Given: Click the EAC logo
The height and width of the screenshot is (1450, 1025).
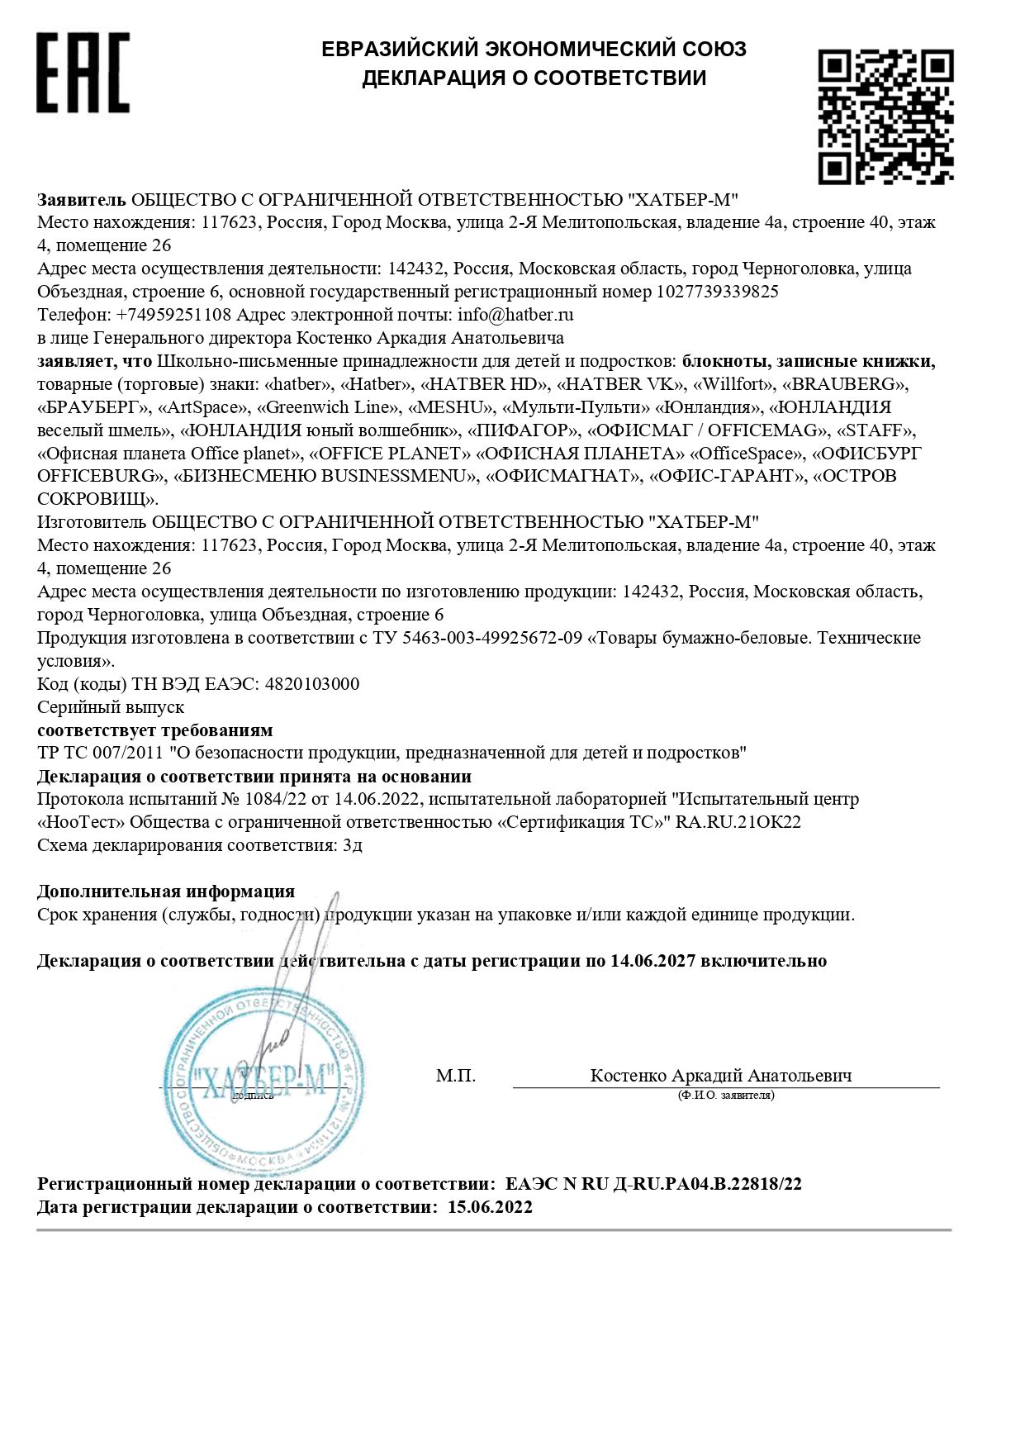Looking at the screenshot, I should [83, 73].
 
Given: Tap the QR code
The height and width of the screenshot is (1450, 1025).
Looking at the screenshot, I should [885, 116].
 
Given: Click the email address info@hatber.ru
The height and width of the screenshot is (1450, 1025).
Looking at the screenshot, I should [515, 315].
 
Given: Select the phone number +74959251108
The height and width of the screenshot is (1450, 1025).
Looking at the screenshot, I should [173, 315].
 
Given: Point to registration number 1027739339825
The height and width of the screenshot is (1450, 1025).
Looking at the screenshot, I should [717, 292].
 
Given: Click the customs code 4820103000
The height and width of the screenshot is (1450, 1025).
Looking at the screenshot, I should [311, 684].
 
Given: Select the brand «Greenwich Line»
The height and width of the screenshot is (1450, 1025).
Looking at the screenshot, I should [328, 407].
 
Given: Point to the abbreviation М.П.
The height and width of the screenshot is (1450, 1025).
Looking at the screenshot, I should [456, 1076].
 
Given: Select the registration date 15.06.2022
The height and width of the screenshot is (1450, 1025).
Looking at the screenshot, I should [490, 1207].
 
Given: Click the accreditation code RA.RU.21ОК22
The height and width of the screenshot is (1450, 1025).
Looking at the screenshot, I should [738, 822].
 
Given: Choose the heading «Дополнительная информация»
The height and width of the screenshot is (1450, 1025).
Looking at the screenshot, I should [166, 891].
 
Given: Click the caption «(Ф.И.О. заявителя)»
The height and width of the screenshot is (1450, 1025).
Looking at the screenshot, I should [725, 1096].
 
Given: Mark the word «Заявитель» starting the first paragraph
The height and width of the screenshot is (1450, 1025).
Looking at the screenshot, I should [81, 200].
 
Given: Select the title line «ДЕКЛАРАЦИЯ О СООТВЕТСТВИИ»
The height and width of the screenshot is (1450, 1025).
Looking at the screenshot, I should [534, 78].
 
